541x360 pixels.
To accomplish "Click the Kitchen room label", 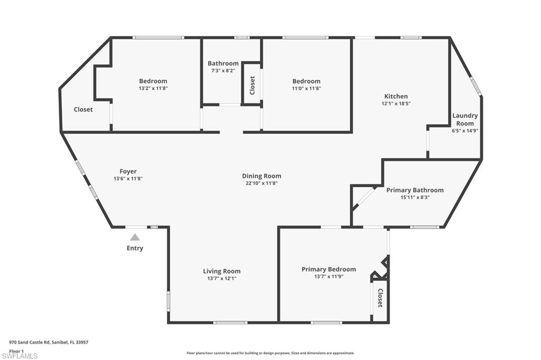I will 396,96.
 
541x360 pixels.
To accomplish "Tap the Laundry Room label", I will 465,119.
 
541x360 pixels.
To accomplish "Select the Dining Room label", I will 262,176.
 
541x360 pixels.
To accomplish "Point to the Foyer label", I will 128,171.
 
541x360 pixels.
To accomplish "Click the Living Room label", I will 222,271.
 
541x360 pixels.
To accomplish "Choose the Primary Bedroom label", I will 329,269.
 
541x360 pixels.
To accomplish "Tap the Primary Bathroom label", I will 415,190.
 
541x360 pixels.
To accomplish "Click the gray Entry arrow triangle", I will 135,238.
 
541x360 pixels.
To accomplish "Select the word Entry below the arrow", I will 135,248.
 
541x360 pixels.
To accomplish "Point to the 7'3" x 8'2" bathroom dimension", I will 223,70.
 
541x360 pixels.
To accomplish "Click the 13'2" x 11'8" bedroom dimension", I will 153,88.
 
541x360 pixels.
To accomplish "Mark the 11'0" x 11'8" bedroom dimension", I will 306,88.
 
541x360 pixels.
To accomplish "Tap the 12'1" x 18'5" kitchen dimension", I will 396,103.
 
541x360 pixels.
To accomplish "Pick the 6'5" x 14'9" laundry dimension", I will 465,130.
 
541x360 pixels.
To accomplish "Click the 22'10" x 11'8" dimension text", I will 262,183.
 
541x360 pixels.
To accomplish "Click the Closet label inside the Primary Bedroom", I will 379,298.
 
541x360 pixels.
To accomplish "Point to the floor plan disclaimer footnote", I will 270,353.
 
